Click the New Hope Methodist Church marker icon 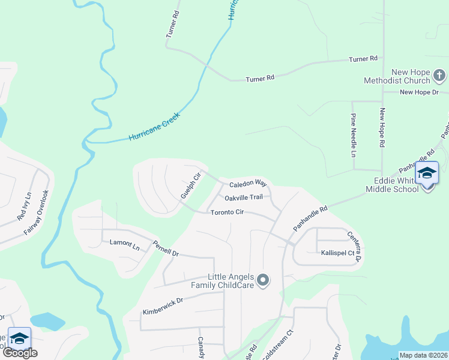[439, 76]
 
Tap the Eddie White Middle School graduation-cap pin [427, 174]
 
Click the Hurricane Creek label [154, 126]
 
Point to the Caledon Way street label [247, 182]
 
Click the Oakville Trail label [244, 197]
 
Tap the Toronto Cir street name [226, 212]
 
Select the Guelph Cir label [190, 186]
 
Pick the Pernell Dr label [166, 249]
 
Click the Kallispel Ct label [338, 253]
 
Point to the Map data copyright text [423, 355]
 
